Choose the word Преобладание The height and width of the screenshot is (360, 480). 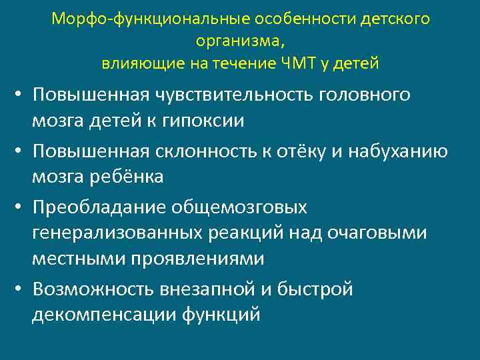point(98,208)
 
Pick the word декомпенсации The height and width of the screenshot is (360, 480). point(103,313)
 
